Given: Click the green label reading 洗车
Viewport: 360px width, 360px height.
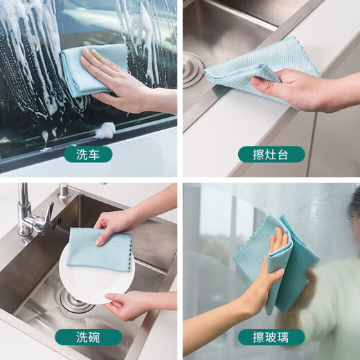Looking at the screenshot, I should click(x=88, y=154).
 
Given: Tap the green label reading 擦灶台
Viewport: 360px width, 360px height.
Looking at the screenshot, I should click(x=271, y=154).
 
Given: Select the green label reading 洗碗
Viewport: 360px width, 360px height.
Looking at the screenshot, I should click(x=88, y=337).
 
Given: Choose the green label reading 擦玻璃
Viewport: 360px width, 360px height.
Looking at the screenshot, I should click(x=271, y=337).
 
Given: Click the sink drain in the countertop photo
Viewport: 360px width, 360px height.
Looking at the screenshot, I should click(x=193, y=70).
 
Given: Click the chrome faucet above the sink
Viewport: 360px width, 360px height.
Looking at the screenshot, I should click(x=30, y=215).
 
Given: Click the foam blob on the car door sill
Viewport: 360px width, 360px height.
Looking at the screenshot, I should click(x=105, y=129).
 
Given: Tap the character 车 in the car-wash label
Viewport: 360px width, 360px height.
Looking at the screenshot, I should click(x=102, y=154).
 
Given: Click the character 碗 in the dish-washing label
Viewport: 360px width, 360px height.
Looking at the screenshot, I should click(x=102, y=337).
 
